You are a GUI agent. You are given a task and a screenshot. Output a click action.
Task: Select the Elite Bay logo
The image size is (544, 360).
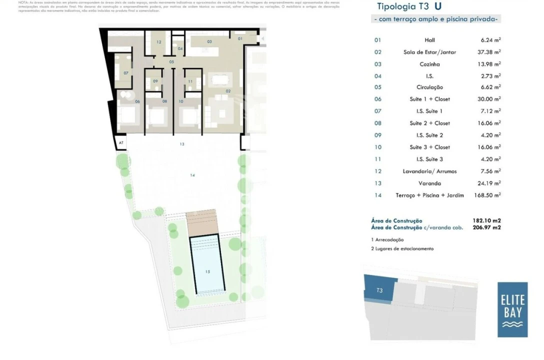pos(512,309)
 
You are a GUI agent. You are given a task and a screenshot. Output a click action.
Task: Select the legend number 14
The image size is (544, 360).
pos(377,195)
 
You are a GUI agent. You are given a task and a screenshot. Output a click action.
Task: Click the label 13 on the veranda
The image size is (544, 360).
pos(182,144)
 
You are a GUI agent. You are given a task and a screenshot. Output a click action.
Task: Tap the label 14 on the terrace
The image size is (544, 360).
pos(192,175)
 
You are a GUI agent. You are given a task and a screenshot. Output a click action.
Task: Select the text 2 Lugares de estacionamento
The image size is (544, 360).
pos(402,248)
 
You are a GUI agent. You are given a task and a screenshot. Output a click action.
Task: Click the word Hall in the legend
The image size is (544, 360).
pos(429,39)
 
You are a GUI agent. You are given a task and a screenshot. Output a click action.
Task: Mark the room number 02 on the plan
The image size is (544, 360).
pos(227,91)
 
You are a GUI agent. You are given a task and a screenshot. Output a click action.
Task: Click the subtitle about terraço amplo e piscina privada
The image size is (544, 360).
pos(435,19)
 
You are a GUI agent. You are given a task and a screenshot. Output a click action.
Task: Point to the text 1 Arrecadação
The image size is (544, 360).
pos(387,240)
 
